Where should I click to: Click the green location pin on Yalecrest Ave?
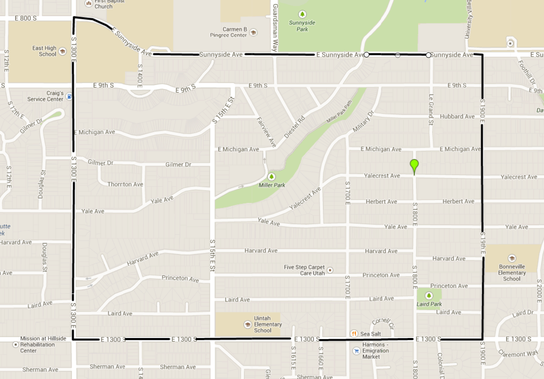pos(414,165)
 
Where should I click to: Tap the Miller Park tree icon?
pos(272,176)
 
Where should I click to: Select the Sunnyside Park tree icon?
pos(302,14)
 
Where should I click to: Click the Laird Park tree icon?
pos(429,296)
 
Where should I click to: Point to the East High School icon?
pos(62,51)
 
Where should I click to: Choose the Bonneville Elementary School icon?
pos(512,258)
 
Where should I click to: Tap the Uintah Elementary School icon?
pos(248,324)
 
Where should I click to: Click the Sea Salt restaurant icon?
pos(354,334)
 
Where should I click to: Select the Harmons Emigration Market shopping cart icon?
pos(356,351)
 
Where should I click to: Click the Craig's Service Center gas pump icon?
pos(69,96)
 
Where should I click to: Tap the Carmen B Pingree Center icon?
pos(253,32)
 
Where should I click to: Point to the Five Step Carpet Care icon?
pos(329,270)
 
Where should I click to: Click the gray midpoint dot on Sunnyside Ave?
pos(397,55)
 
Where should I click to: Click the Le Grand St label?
pos(431,110)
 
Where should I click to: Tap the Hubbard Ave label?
pos(457,117)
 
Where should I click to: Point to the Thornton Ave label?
pos(125,184)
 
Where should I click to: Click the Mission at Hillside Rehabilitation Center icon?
pos(15,344)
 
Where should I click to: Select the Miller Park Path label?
pos(339,111)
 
